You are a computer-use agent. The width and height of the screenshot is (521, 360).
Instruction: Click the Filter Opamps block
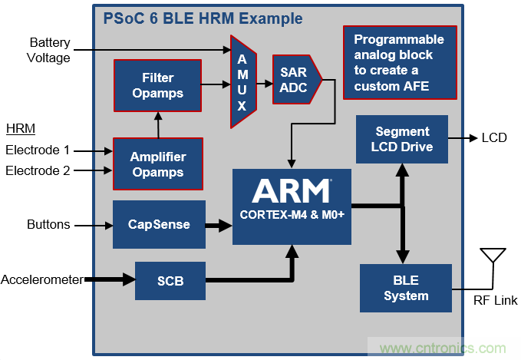tap(157, 84)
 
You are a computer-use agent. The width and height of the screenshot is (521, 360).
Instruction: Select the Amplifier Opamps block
tap(157, 164)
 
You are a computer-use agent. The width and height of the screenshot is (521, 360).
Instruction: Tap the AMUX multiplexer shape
tap(242, 81)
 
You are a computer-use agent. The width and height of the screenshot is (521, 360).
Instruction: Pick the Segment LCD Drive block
tap(402, 139)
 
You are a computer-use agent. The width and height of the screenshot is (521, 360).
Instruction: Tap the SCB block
tap(170, 280)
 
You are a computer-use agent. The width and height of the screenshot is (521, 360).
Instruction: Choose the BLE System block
tap(406, 288)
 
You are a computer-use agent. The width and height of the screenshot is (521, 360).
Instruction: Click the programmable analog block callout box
tap(399, 62)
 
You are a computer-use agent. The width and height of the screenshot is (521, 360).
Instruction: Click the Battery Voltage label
tap(50, 50)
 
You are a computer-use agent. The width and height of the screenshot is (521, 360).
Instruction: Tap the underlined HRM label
tap(20, 127)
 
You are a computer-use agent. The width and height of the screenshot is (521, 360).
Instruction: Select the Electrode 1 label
tap(38, 150)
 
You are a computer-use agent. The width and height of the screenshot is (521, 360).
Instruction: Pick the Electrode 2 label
tap(38, 170)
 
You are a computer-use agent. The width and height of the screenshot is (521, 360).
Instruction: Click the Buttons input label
tap(48, 225)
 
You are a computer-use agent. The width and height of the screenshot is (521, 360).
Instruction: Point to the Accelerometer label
tap(41, 279)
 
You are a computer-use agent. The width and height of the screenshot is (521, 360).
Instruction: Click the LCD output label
tap(494, 138)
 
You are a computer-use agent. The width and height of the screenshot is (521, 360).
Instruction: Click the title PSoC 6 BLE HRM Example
tap(203, 18)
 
